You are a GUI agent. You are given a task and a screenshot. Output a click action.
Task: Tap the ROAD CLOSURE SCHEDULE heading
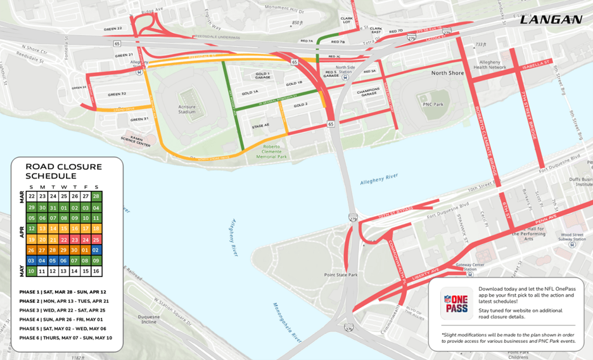pyautogui.click(x=63, y=171)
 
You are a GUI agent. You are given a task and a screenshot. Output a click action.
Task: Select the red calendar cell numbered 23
pyautogui.click(x=75, y=240)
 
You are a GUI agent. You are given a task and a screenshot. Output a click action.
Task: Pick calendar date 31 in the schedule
pyautogui.click(x=53, y=207)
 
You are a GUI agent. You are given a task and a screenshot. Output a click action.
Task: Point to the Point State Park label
pyautogui.click(x=340, y=274)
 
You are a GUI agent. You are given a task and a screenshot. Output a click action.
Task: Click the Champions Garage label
pyautogui.click(x=368, y=93)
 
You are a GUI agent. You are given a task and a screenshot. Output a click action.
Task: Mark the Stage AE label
pyautogui.click(x=260, y=125)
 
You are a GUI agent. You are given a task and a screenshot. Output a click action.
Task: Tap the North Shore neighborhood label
pyautogui.click(x=448, y=73)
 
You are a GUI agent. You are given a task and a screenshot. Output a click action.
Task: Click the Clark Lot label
pyautogui.click(x=346, y=21)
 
